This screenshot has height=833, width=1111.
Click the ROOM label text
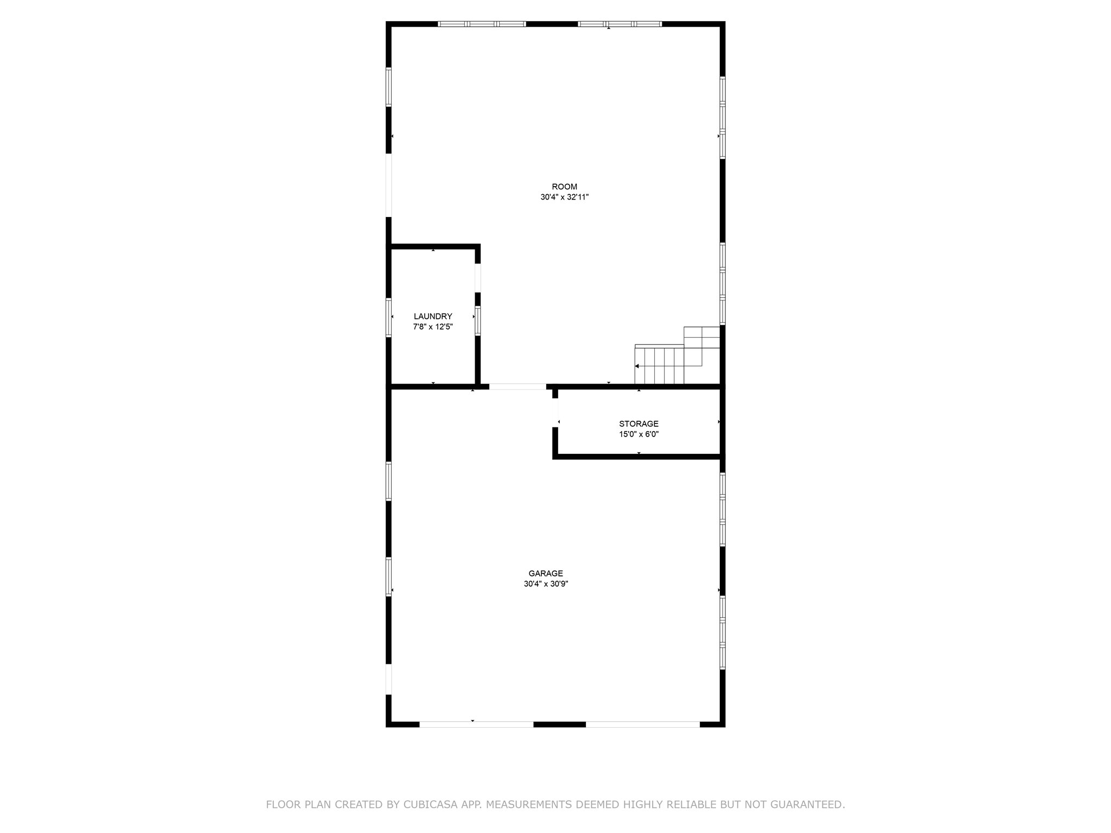pos(564,187)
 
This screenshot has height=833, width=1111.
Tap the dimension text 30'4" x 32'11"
pos(564,197)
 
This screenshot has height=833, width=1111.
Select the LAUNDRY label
pos(433,316)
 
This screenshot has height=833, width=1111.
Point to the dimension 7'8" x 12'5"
pos(433,327)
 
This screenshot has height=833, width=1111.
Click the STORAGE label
pos(638,424)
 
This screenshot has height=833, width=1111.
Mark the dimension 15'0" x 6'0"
pos(638,434)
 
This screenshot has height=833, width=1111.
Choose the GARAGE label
pos(546,573)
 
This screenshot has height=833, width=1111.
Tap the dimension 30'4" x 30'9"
pos(546,584)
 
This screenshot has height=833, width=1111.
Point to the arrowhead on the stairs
pos(637,366)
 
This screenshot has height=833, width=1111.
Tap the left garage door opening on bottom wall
pos(476,724)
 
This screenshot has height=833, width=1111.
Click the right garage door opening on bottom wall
pos(643,724)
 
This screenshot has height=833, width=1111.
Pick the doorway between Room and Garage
pos(518,387)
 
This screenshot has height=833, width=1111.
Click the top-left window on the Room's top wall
pos(482,24)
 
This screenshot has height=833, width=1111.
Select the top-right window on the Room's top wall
pos(620,24)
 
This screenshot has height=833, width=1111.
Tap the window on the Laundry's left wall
pos(388,317)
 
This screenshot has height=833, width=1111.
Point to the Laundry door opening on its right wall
pos(478,278)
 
